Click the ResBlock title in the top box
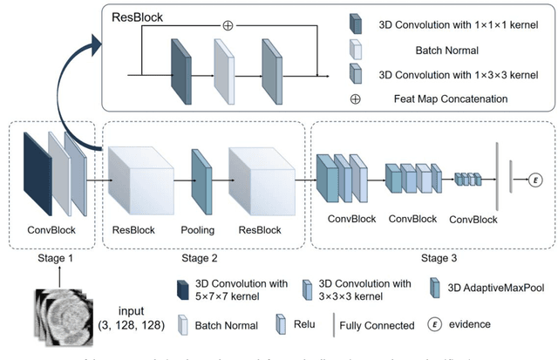pos(138,16)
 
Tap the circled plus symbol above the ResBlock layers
pos(228,25)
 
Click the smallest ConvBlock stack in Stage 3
pos(468,180)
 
